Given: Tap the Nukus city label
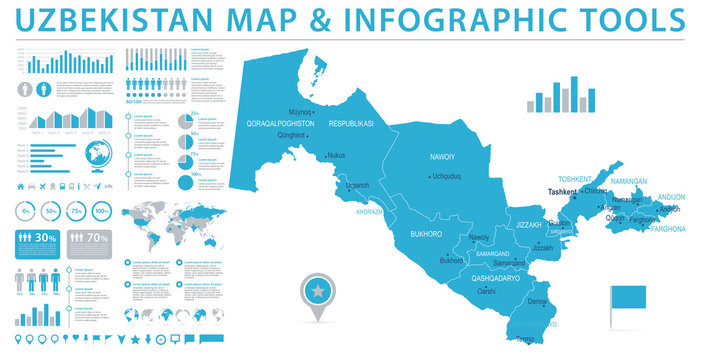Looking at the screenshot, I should pyautogui.click(x=336, y=156).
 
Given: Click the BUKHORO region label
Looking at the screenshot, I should pyautogui.click(x=426, y=233).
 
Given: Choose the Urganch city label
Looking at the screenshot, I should pyautogui.click(x=357, y=185).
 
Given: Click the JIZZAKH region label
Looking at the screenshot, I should pyautogui.click(x=528, y=225).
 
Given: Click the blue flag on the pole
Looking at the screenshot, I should pyautogui.click(x=631, y=297).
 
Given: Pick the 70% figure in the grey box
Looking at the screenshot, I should pyautogui.click(x=98, y=238).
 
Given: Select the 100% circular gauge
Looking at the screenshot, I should pyautogui.click(x=102, y=212).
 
